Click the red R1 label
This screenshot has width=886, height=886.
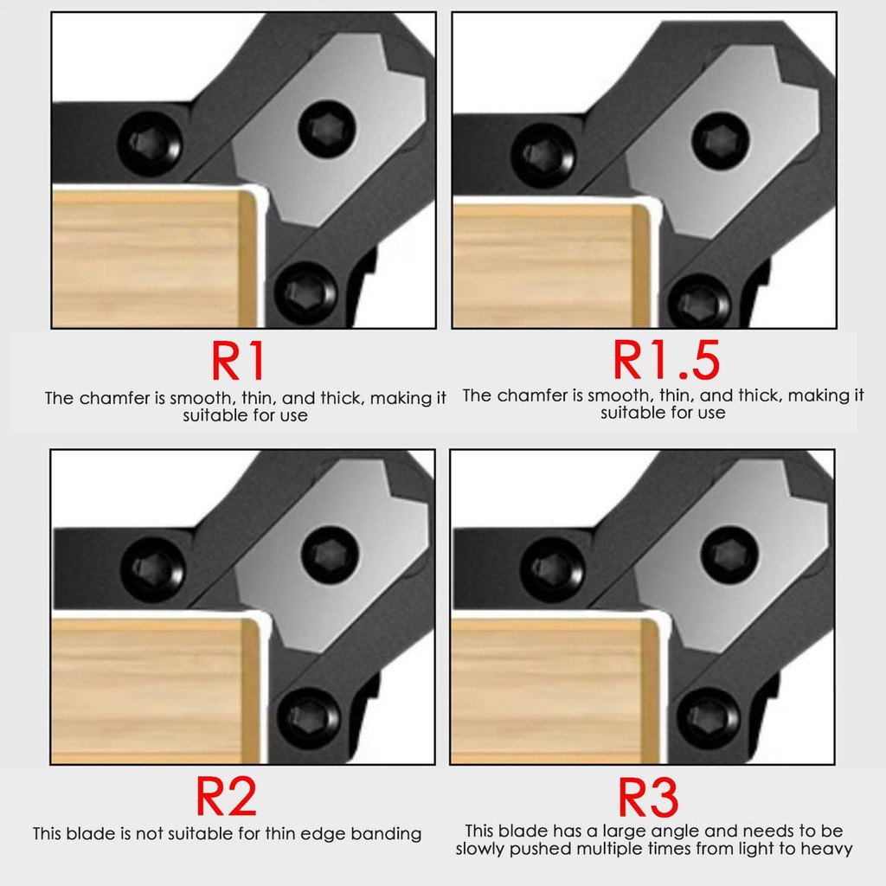pyautogui.click(x=238, y=361)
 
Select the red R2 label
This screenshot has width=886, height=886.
pyautogui.click(x=226, y=796)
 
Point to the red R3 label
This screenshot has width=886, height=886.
pyautogui.click(x=648, y=797)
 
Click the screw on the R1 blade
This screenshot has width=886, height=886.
pyautogui.click(x=327, y=130)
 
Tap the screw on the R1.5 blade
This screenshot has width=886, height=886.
pyautogui.click(x=721, y=140)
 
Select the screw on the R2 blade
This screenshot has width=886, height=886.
pyautogui.click(x=330, y=555)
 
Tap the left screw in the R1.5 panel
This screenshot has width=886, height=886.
pyautogui.click(x=543, y=154)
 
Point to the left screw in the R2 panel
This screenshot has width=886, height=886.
pyautogui.click(x=152, y=569)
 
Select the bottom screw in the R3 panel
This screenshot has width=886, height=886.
pyautogui.click(x=709, y=718)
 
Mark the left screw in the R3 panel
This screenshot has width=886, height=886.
pyautogui.click(x=552, y=569)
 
